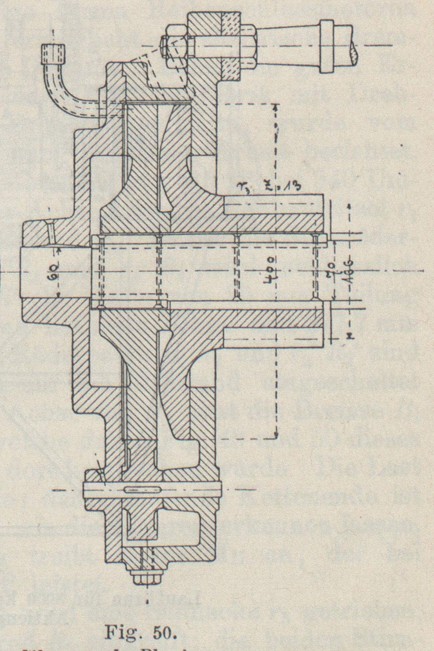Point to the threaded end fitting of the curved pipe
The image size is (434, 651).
coord(53,53)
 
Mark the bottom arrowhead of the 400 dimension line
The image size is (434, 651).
coord(276,435)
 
